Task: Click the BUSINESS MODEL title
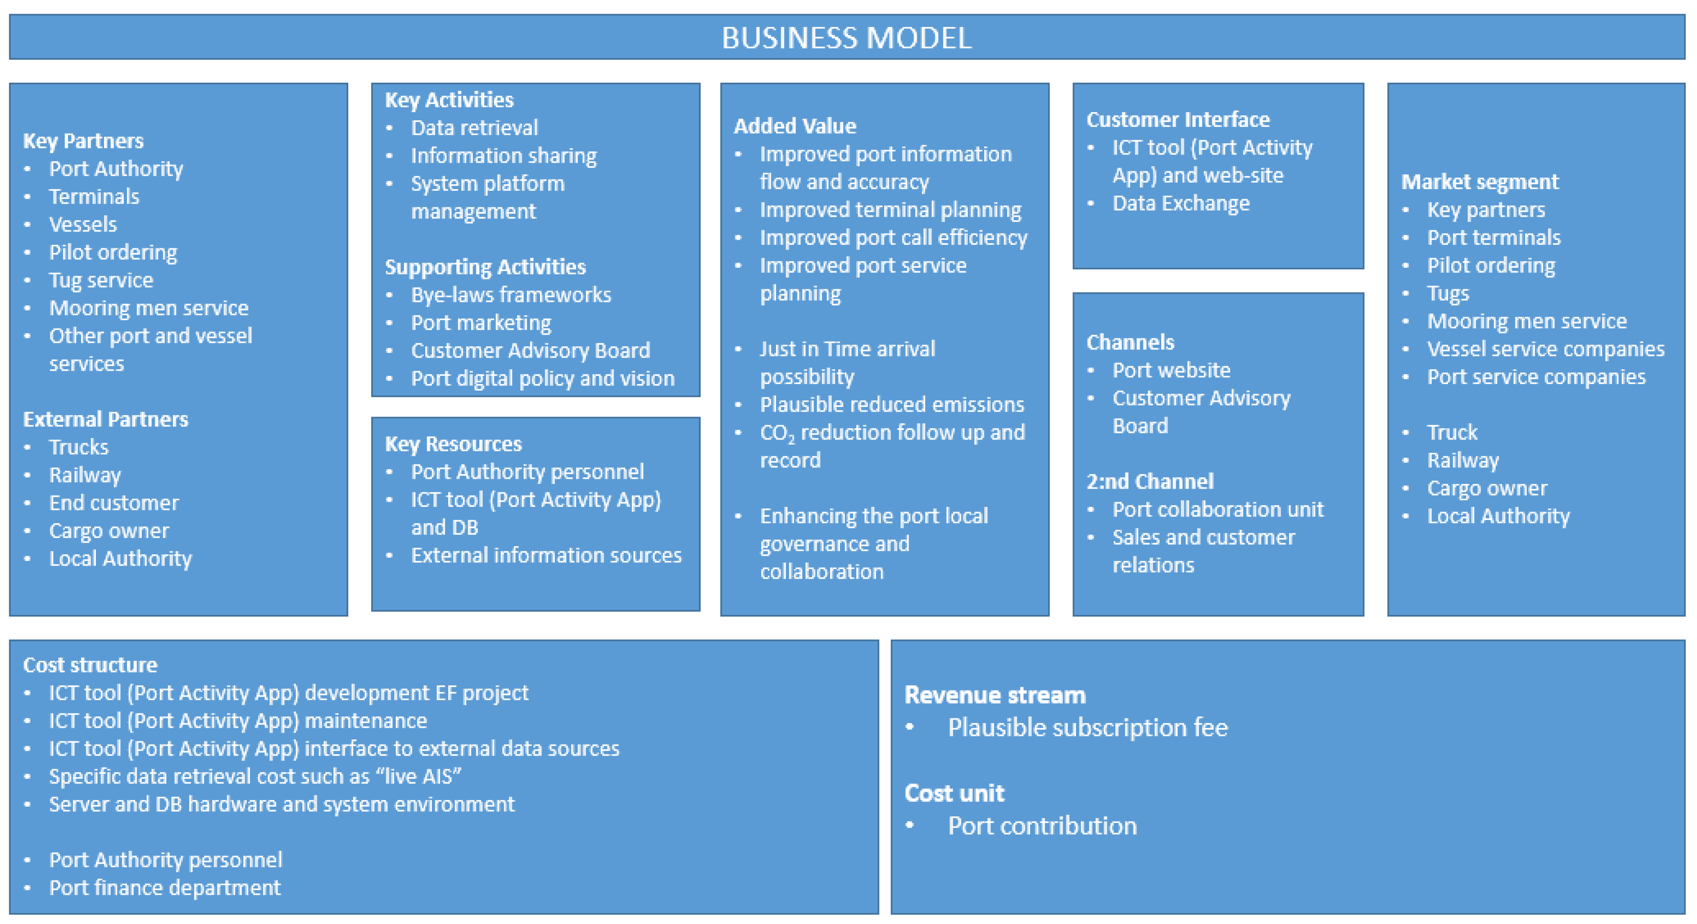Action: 846,38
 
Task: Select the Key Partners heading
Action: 83,141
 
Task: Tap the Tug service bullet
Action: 101,280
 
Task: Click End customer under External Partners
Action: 113,503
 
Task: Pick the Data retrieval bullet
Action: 474,128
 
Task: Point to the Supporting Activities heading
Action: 485,267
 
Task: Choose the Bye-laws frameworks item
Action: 510,295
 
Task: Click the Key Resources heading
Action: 453,444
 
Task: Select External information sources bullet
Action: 546,555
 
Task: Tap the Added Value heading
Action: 794,126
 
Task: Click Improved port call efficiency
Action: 893,238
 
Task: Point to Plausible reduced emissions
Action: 891,404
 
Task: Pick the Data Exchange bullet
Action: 1180,203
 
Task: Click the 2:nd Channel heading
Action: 1149,481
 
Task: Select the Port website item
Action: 1171,370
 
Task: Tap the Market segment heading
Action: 1480,182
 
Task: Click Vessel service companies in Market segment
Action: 1545,349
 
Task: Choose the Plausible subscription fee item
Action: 1087,728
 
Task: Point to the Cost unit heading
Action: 954,793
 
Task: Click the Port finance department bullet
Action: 165,888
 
